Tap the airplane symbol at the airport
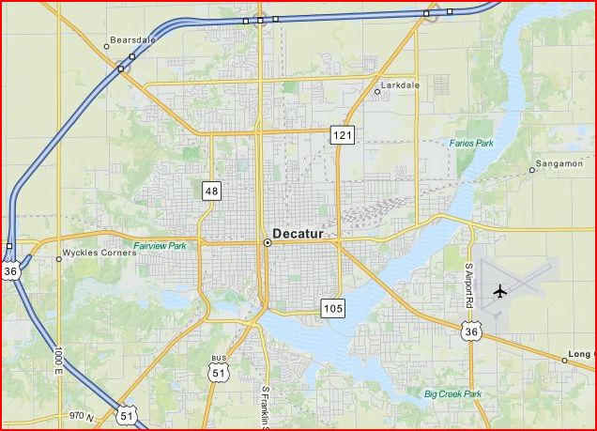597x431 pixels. click(x=499, y=290)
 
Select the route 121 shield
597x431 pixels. click(x=342, y=136)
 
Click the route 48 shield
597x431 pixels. click(x=211, y=192)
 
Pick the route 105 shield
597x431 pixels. click(x=332, y=307)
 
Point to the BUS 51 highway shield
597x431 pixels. click(x=219, y=369)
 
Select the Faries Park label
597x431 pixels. click(x=471, y=144)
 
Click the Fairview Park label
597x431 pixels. click(x=160, y=246)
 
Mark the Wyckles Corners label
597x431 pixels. click(x=99, y=254)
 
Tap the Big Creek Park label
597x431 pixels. click(x=452, y=393)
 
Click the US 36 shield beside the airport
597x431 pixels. click(x=471, y=330)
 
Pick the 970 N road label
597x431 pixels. click(x=82, y=415)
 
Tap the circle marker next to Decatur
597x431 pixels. click(x=268, y=242)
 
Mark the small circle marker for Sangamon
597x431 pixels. click(x=532, y=171)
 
